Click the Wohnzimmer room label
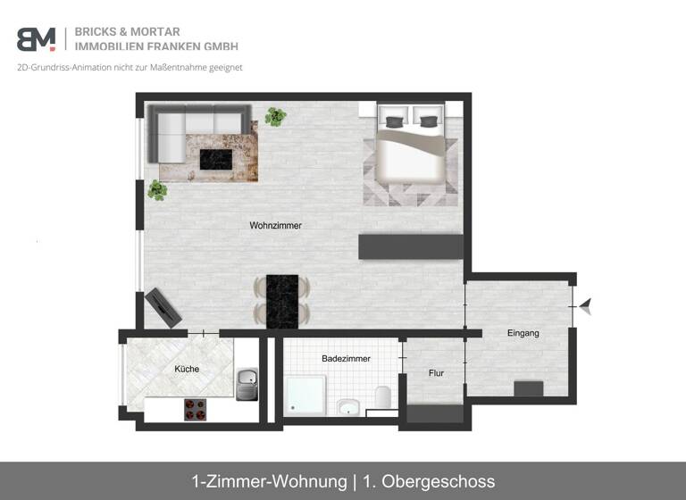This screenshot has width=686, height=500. coord(275,226)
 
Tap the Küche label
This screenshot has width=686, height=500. coord(187,369)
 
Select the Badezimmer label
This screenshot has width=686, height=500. coord(346,358)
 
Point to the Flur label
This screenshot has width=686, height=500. coord(436,373)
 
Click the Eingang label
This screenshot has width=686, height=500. coord(523,333)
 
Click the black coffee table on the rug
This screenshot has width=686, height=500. coord(215,159)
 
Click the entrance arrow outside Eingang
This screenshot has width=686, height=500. coord(586,308)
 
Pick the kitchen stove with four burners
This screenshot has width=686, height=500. coord(197,408)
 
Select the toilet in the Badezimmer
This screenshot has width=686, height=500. coord(383,397)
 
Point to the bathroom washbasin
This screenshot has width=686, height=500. coord(348,408)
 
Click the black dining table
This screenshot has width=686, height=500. coord(282,300)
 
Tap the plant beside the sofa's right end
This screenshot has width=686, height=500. coord(276,115)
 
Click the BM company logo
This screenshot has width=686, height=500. coord(36,39)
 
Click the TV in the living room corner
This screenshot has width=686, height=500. coord(164,306)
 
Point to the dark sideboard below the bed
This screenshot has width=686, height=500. coord(410,246)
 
